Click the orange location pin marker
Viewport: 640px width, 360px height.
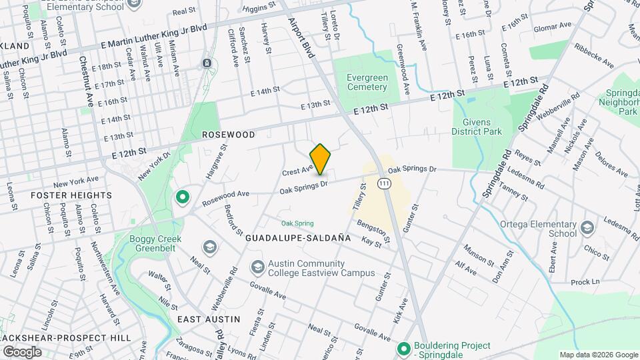point(321,159)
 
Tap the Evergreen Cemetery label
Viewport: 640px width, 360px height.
point(367,82)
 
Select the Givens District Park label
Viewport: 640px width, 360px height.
point(477,127)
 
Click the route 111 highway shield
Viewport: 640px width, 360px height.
point(384,183)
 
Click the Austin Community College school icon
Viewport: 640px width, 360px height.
point(257,267)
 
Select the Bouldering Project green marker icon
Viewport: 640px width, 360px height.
point(403,349)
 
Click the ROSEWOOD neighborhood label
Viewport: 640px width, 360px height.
point(229,135)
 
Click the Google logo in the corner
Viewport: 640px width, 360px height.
point(22,351)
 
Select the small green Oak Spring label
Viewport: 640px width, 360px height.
point(297,223)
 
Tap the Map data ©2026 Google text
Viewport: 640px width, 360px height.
point(598,355)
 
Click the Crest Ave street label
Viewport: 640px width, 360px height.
point(297,171)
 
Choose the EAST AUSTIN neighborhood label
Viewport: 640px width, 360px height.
point(209,319)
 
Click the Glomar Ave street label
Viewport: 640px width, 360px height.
point(553,26)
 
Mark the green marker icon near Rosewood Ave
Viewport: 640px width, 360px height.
point(181,197)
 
